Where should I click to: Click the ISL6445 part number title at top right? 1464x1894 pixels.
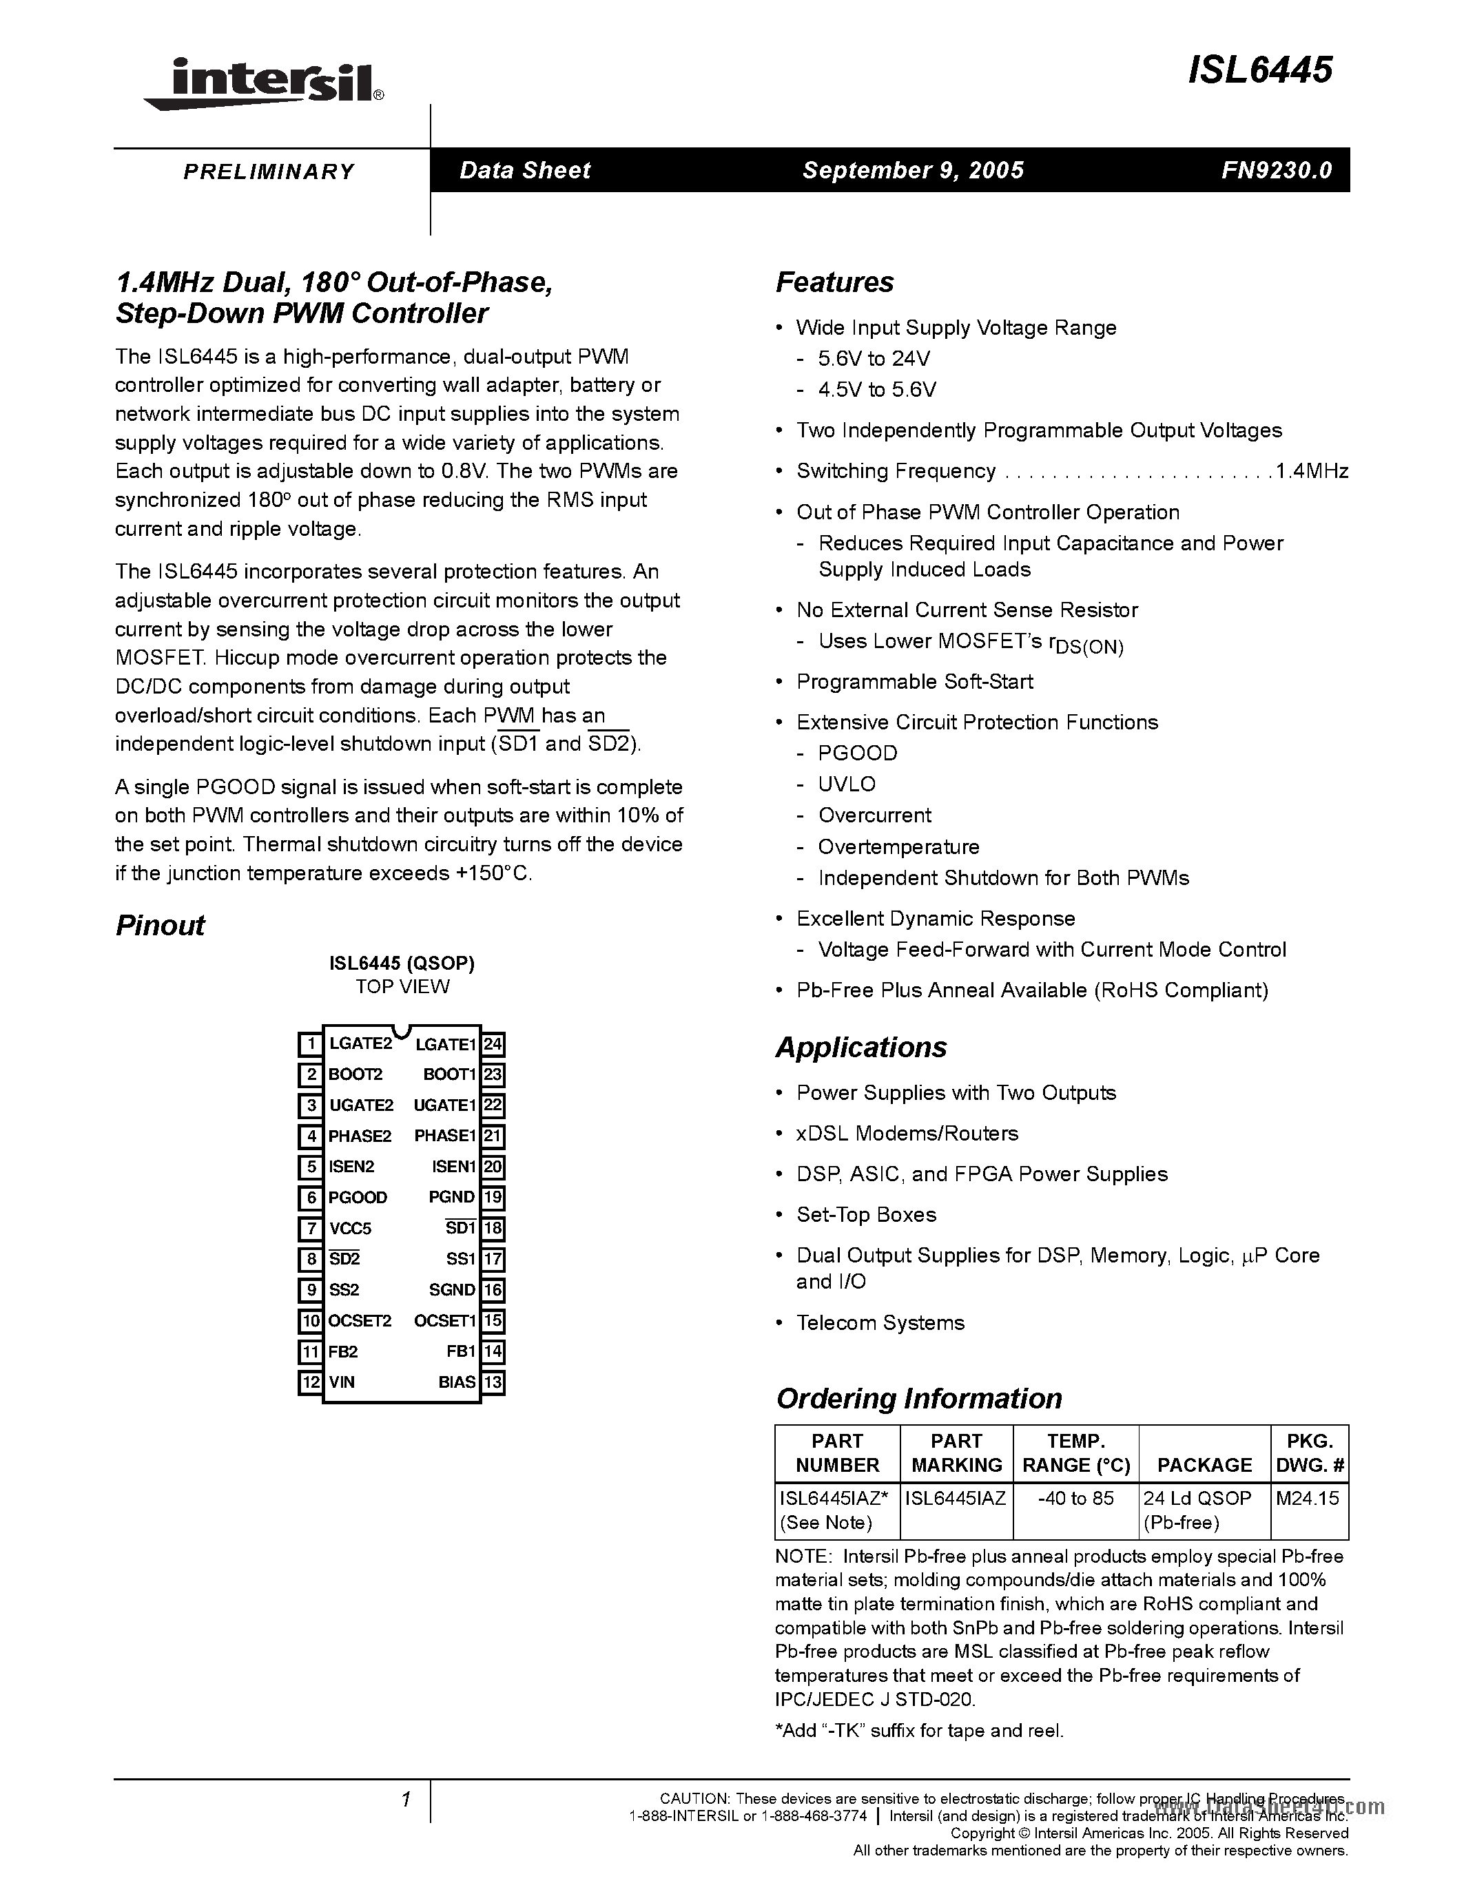1259,70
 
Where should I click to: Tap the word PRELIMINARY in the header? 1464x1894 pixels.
269,171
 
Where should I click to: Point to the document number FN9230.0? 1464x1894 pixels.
1277,170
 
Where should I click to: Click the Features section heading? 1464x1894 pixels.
834,282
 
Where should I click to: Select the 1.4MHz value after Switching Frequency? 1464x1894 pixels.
1311,471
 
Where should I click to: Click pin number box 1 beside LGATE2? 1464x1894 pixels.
309,1044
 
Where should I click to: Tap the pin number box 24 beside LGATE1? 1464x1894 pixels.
493,1044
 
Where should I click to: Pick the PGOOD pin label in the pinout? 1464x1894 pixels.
358,1198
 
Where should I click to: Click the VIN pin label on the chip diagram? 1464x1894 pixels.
342,1382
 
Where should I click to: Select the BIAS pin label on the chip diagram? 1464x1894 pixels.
457,1382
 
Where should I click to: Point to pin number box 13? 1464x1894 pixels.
493,1382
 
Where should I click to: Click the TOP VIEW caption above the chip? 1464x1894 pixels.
402,986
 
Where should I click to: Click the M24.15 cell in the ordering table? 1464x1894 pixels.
1307,1498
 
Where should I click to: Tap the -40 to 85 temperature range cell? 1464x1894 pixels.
1075,1498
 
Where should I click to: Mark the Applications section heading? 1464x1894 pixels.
861,1047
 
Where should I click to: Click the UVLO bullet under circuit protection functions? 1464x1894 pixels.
847,784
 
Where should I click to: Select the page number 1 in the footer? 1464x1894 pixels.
405,1800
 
